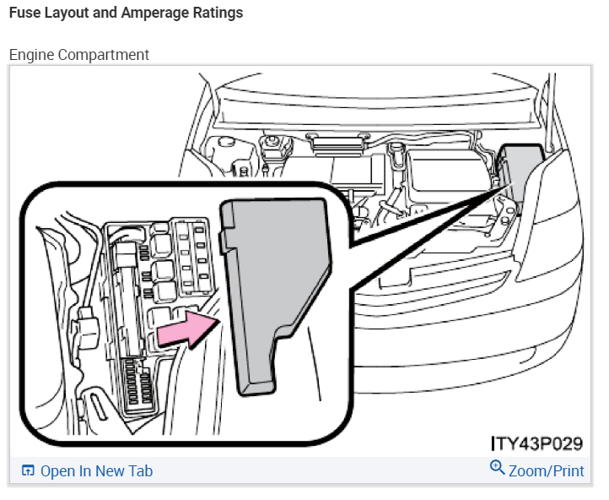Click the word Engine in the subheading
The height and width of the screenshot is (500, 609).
tap(30, 55)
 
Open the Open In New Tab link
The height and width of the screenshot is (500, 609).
tap(96, 470)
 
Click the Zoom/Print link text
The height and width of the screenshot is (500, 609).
tap(546, 470)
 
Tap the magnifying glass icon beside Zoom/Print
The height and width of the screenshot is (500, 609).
tap(497, 468)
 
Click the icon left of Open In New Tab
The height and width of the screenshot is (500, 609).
tap(28, 470)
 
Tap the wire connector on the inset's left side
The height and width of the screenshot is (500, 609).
tap(84, 325)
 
